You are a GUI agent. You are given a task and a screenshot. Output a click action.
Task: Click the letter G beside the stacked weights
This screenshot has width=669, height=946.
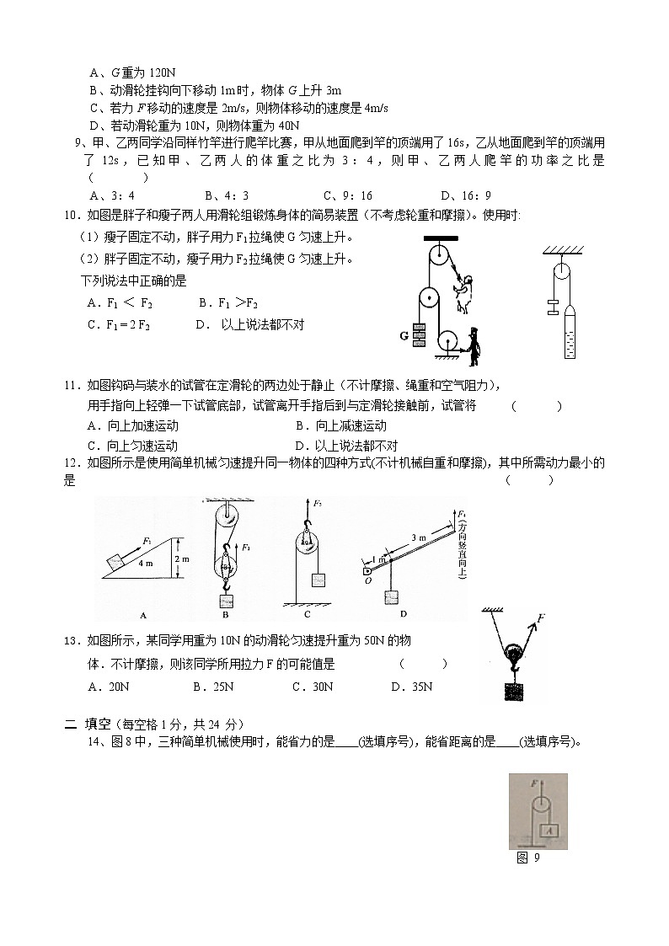[x=404, y=335]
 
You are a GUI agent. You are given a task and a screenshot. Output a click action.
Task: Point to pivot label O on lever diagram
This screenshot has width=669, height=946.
[x=368, y=580]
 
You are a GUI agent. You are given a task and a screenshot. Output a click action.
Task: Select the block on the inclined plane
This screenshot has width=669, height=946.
[x=116, y=559]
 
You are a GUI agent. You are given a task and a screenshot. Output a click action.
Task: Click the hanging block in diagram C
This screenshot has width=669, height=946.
[x=318, y=580]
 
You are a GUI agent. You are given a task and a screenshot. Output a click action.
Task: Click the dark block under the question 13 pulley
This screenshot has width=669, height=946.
[x=511, y=691]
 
